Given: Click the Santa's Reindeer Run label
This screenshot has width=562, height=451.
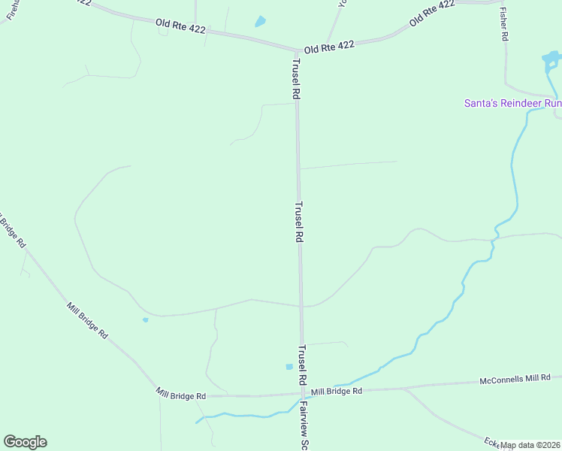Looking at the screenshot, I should pyautogui.click(x=512, y=103).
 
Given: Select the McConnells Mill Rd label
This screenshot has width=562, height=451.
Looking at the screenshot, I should pyautogui.click(x=515, y=380).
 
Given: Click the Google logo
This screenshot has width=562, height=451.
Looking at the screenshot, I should pyautogui.click(x=25, y=442).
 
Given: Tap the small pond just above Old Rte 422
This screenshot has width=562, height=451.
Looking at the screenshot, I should pyautogui.click(x=261, y=21).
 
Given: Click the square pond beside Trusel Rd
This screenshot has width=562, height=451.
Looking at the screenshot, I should pyautogui.click(x=289, y=367).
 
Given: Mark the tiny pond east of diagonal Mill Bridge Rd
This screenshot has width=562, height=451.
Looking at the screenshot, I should pyautogui.click(x=145, y=319).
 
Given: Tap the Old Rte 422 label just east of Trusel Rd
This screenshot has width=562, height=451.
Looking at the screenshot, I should pyautogui.click(x=329, y=46).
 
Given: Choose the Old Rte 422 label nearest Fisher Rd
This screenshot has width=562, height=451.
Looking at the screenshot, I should pyautogui.click(x=432, y=14).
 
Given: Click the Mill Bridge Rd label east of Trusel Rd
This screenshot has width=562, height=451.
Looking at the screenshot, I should pyautogui.click(x=337, y=391).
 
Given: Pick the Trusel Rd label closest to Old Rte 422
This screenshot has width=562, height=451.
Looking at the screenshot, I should pyautogui.click(x=296, y=79).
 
